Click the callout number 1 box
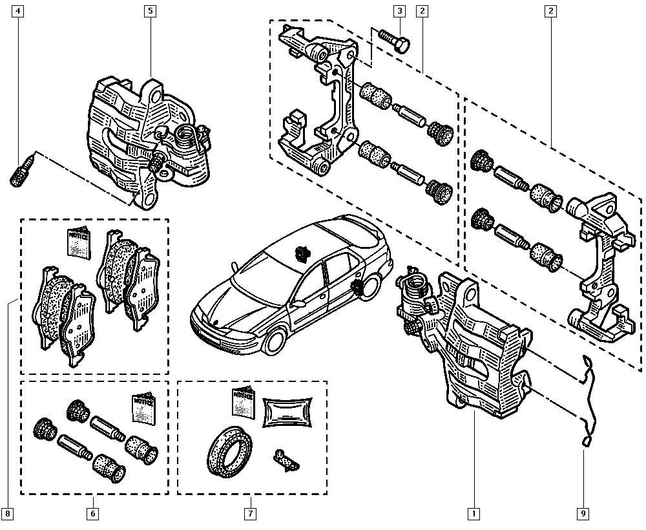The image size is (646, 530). (474, 514)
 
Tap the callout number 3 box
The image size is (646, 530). (400, 11)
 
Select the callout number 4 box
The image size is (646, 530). (18, 11)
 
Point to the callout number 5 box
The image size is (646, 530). (150, 11)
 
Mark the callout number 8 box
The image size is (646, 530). (7, 514)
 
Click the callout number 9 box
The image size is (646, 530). (583, 514)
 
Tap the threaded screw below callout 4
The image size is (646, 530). (21, 169)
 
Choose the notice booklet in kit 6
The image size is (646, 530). (143, 409)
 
